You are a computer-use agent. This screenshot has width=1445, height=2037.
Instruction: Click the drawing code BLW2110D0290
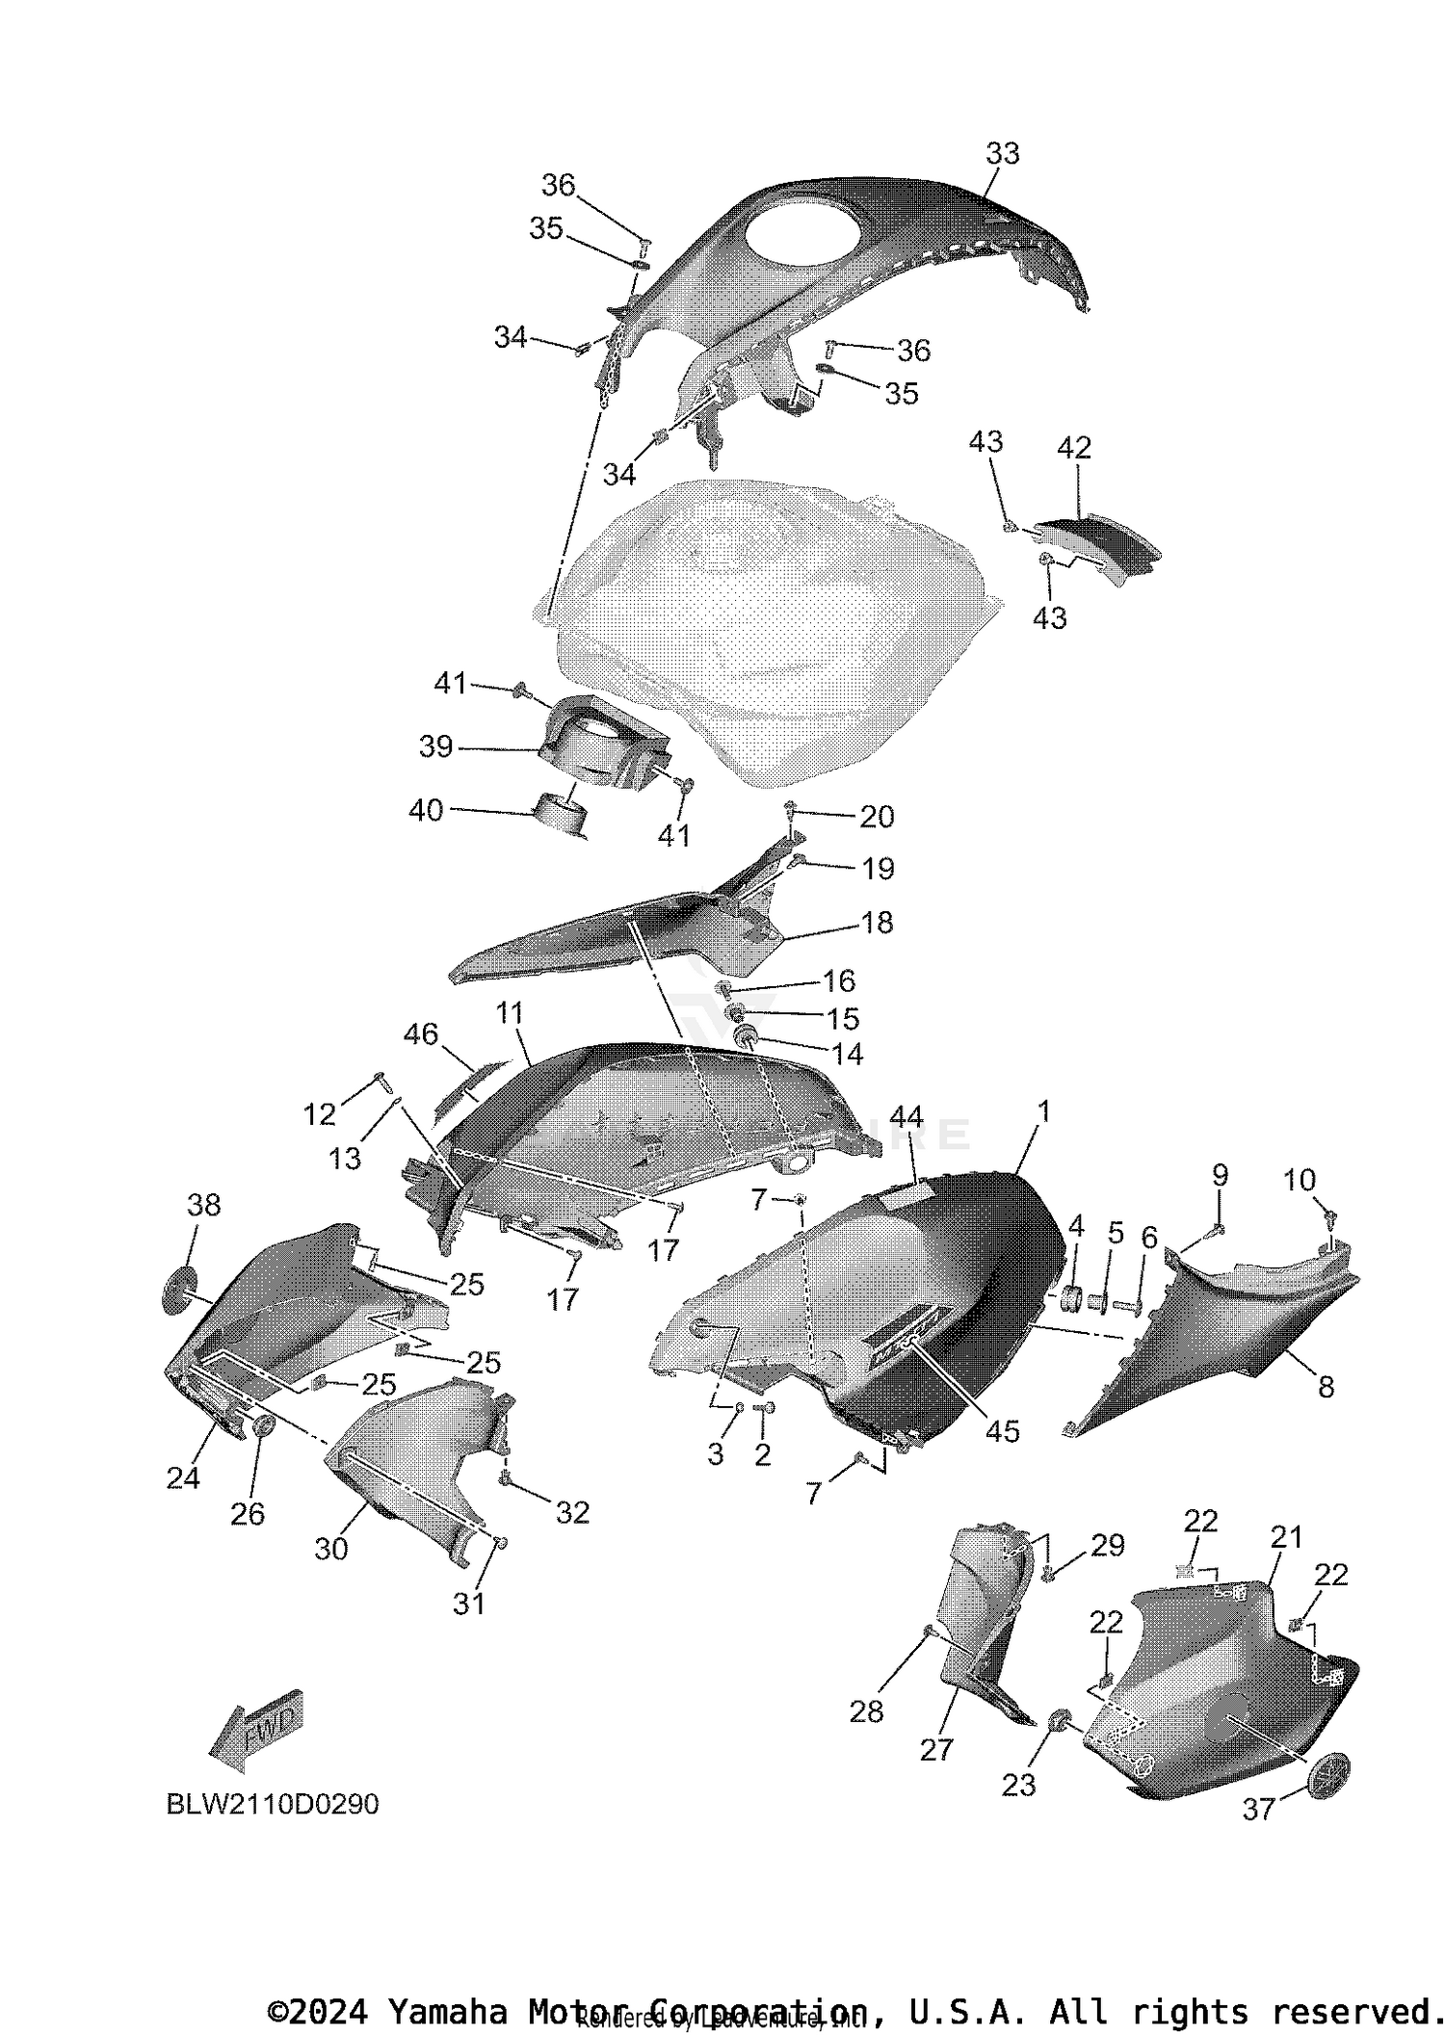coord(273,1804)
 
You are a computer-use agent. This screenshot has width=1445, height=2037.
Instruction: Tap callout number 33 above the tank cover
coord(1002,153)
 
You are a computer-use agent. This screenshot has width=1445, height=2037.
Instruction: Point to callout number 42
coord(1074,448)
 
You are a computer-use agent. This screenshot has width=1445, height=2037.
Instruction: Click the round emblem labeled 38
coord(181,1290)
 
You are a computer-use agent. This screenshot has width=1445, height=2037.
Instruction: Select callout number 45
coord(1002,1431)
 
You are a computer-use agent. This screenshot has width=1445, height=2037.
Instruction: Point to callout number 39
coord(435,746)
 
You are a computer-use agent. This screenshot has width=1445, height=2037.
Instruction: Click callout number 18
coord(877,923)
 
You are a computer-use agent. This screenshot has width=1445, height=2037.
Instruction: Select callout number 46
coord(421,1034)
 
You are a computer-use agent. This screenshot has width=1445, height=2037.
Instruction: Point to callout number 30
coord(330,1549)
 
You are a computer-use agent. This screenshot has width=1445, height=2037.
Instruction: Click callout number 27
coord(935,1750)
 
